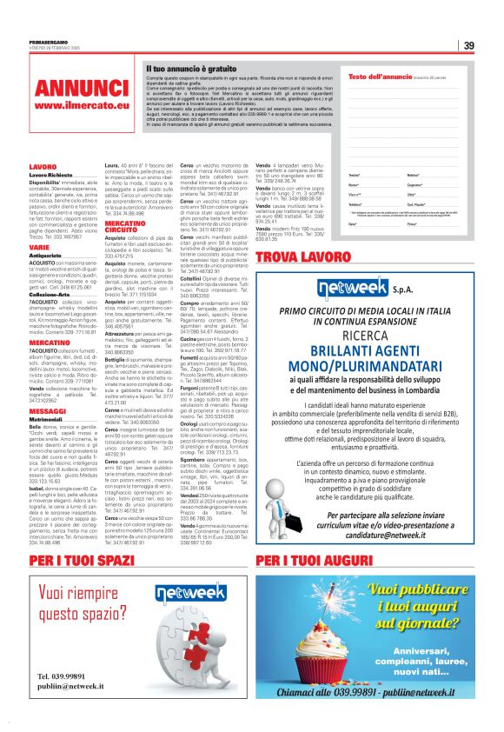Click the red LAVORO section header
click(x=43, y=166)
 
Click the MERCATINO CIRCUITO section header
click(x=124, y=226)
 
